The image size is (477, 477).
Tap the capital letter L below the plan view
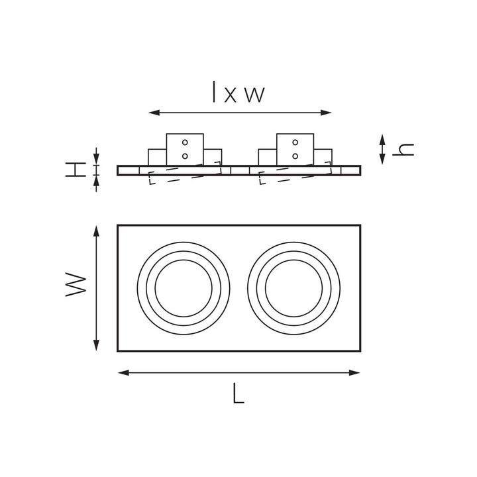coord(239,395)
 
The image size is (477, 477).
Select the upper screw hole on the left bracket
coord(185,142)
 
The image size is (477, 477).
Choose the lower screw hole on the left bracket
coord(185,156)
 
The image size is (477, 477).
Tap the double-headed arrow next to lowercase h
coord(382,150)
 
